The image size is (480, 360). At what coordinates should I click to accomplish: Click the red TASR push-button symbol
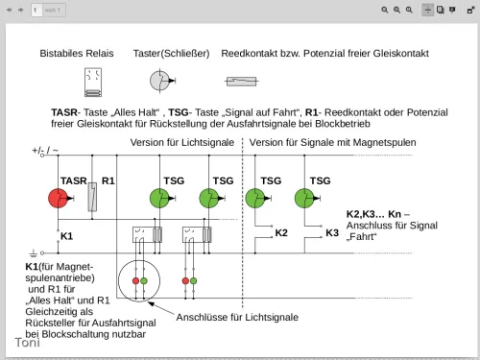pos(59,199)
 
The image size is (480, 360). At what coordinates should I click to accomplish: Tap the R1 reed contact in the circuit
pos(92,197)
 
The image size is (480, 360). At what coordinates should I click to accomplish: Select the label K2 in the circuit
pos(281,233)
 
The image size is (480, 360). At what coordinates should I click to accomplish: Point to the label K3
pos(332,233)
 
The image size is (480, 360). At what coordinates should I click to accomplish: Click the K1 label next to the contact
pos(66,236)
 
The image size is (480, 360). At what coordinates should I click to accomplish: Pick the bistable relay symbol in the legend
pos(93,83)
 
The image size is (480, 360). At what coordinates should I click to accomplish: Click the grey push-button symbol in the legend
pos(162,81)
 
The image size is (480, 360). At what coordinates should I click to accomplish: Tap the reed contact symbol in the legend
pos(242,82)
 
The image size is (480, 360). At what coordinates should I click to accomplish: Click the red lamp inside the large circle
pos(135,281)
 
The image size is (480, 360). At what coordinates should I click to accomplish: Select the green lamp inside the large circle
pos(144,281)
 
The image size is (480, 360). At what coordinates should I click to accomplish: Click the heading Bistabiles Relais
pos(77,54)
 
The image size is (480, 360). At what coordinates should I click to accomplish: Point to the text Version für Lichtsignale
pos(182,142)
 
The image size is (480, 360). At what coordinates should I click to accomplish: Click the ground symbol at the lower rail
pos(34,253)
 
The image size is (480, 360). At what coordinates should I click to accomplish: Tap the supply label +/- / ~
pos(45,150)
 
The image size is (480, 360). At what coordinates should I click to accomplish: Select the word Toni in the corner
pos(28,343)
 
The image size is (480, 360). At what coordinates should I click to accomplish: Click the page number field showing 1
pos(36,10)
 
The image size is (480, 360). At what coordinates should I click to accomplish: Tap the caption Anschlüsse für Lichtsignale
pos(237,317)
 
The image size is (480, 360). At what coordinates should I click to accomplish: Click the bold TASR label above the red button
pos(74,180)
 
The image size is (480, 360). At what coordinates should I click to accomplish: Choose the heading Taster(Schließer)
pos(172,54)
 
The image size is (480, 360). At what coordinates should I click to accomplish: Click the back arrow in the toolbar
pos(10,10)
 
